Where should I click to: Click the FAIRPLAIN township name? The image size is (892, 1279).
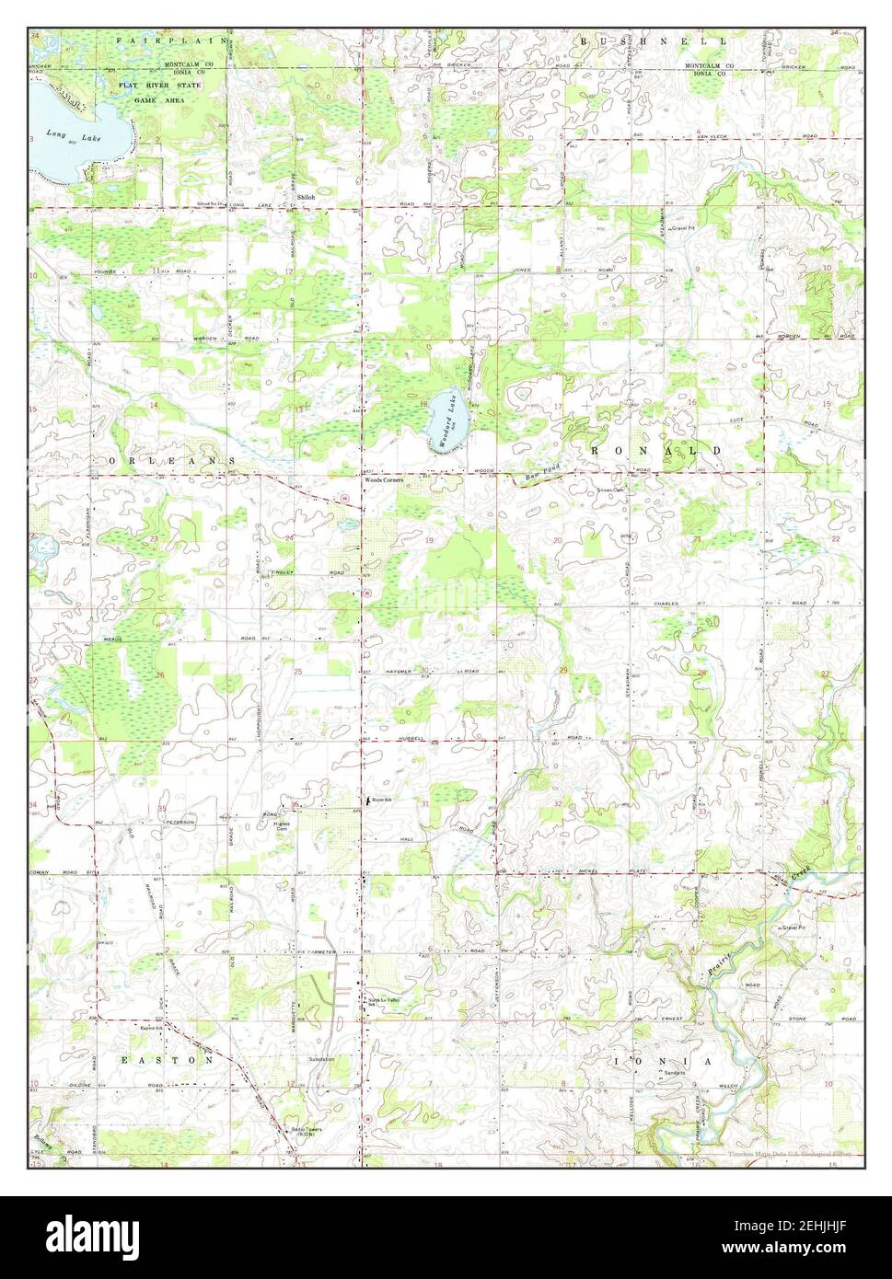tap(151, 41)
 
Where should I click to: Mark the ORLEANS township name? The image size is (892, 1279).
tap(170, 458)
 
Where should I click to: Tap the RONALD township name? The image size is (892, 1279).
tap(651, 450)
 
